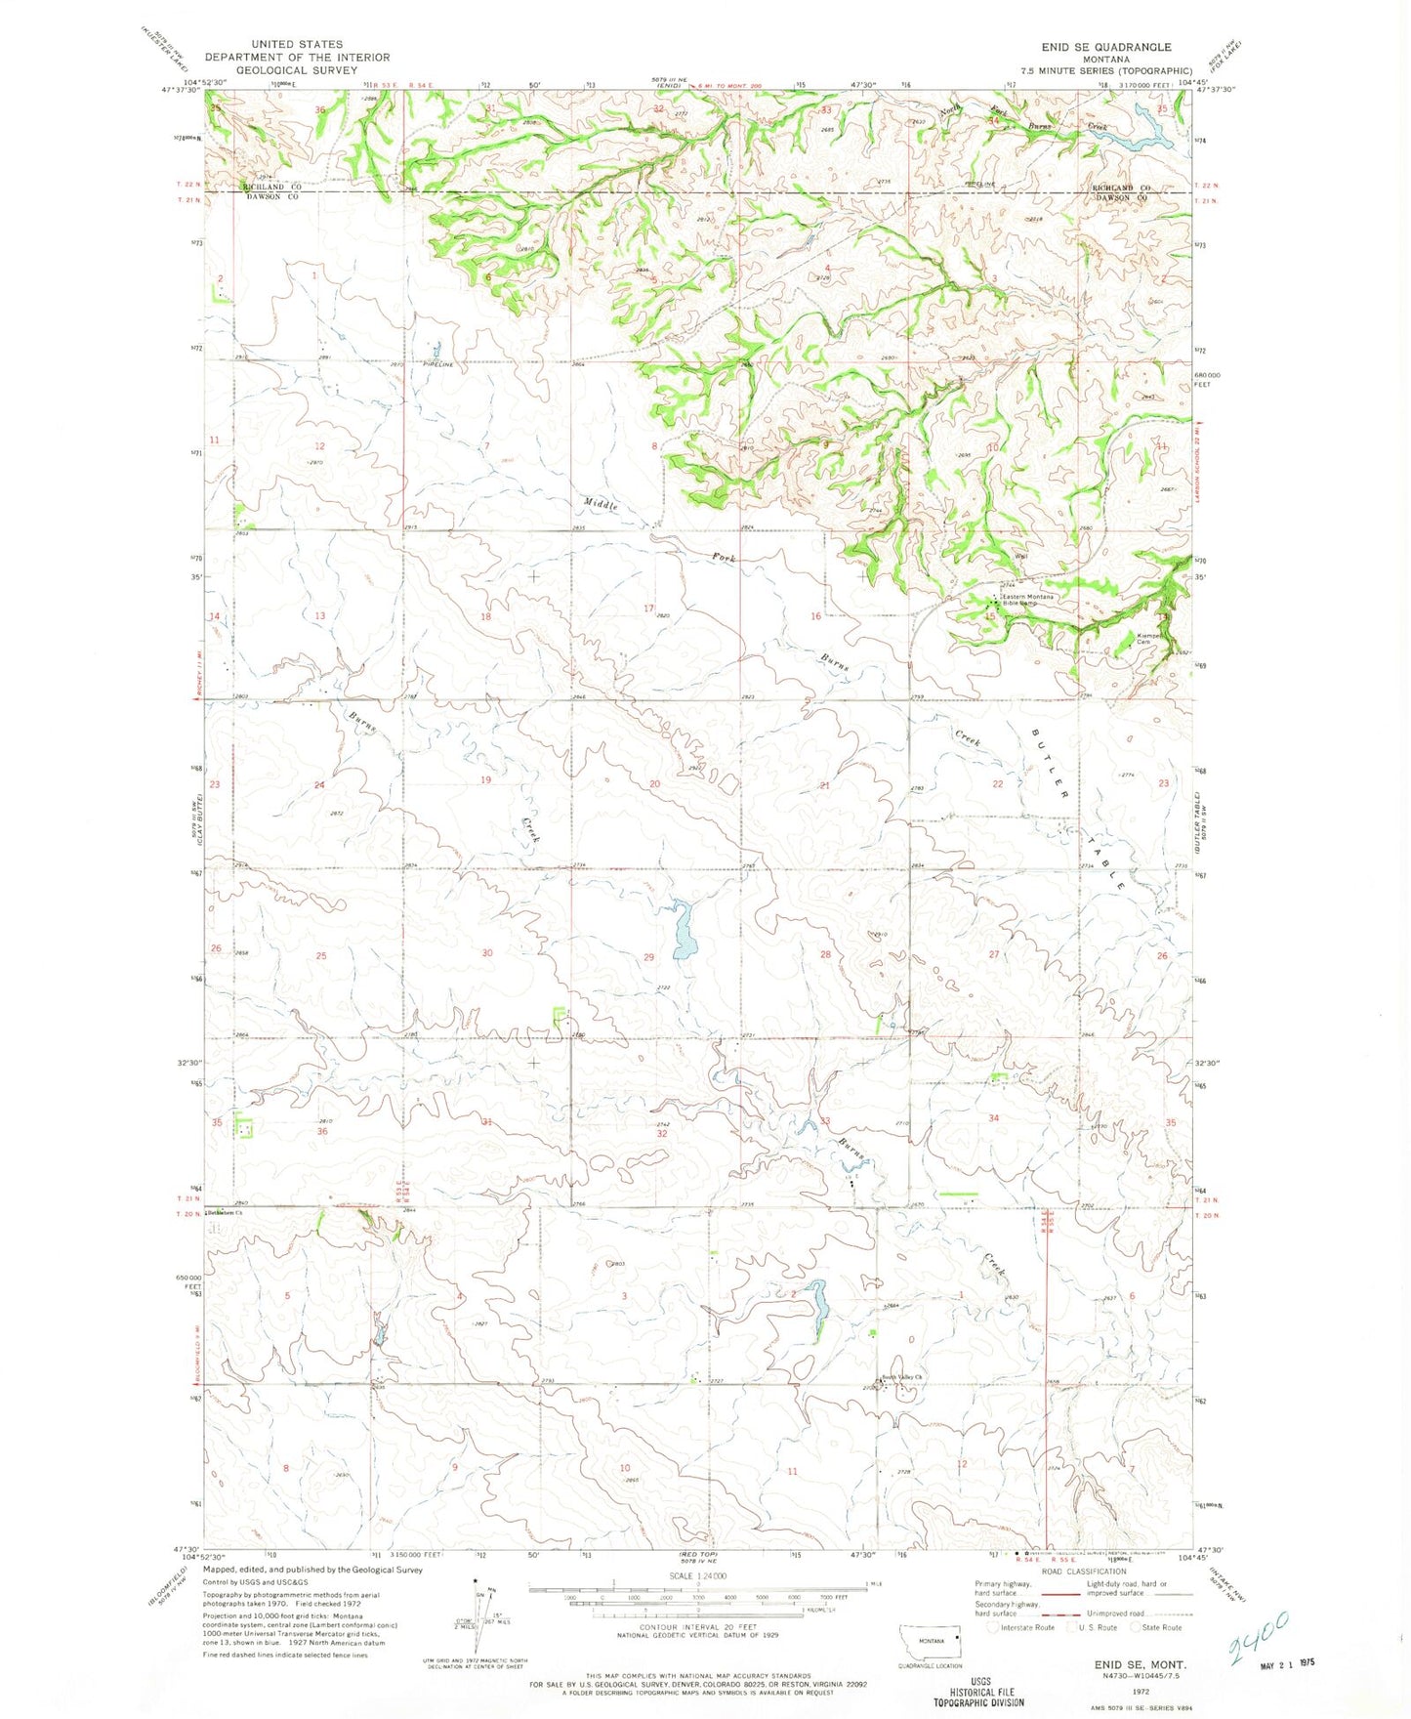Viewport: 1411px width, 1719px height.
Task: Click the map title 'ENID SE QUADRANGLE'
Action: (1105, 47)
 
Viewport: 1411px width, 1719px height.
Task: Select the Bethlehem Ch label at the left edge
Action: (224, 1212)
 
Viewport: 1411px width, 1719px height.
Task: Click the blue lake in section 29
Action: (682, 930)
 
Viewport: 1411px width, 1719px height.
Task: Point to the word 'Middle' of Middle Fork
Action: (602, 504)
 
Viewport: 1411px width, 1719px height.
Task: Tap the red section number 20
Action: (654, 784)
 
